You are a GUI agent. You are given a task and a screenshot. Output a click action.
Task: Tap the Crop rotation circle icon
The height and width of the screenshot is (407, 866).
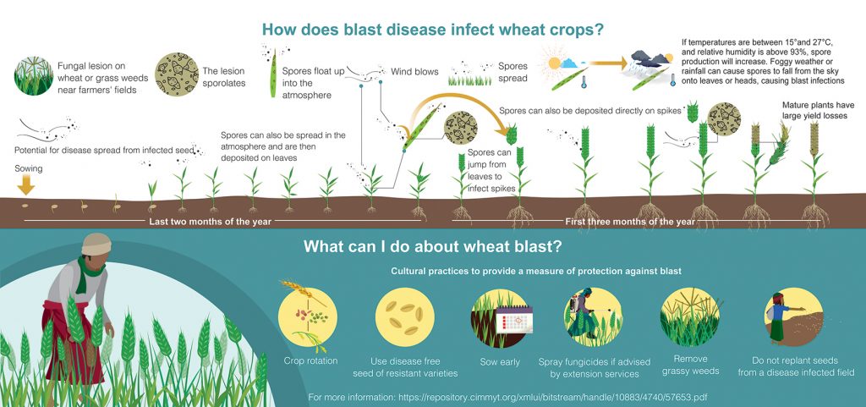point(308,316)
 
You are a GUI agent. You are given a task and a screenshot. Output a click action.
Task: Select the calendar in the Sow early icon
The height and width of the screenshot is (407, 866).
point(513,319)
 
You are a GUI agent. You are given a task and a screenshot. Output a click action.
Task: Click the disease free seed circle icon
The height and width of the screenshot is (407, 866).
point(405,317)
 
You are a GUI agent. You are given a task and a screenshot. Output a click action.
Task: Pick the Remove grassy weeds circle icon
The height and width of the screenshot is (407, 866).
point(690,317)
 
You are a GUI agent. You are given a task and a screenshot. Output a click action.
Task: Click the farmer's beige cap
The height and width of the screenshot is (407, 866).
point(96,244)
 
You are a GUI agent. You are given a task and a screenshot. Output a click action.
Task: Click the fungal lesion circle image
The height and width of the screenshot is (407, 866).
point(34,75)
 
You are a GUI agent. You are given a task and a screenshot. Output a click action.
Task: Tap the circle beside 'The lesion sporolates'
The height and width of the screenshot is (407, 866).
point(177,74)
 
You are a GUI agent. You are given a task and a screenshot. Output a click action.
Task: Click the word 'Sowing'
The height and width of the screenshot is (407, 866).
point(28,169)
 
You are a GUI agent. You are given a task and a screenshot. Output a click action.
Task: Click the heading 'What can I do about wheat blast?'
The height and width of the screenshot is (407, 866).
point(433,246)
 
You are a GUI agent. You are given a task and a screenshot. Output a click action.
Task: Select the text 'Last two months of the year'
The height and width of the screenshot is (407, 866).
point(211,222)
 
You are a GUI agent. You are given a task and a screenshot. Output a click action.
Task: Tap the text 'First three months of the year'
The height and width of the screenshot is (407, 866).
point(629,222)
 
